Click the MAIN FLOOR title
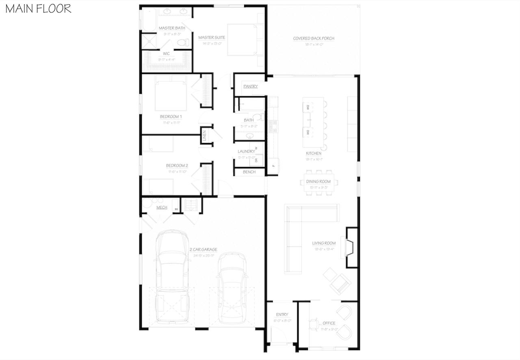tap(38, 9)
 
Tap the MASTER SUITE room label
tap(212, 37)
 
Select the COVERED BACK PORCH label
tap(314, 39)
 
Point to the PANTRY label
tap(250, 87)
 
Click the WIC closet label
tap(167, 53)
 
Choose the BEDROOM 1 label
tap(171, 117)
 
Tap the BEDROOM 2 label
tap(177, 165)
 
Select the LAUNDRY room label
tap(246, 152)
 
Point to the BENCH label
tap(249, 172)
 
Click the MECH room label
tap(162, 208)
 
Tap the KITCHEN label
tap(314, 154)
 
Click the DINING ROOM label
tap(318, 182)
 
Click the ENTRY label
tap(282, 314)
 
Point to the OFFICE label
tap(329, 323)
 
